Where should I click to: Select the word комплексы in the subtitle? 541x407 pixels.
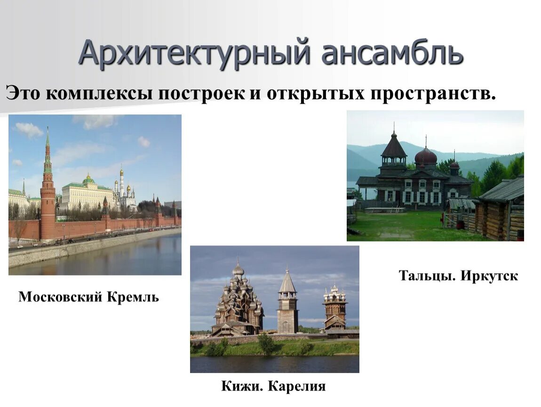pos(101,93)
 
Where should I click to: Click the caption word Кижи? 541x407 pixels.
pos(242,387)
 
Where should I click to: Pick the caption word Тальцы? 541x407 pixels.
pos(427,276)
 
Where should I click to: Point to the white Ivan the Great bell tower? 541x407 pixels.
pos(121,186)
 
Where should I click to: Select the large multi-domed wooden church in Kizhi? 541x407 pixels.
pos(238,301)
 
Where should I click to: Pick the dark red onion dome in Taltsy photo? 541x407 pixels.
pos(426,156)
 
